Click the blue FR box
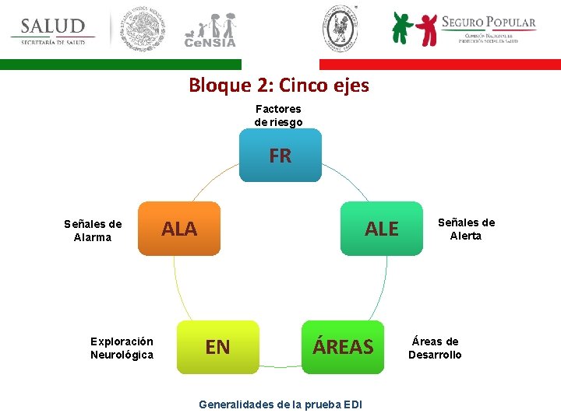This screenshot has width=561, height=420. tap(280, 156)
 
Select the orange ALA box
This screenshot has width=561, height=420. tap(179, 229)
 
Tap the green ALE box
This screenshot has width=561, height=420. tap(381, 229)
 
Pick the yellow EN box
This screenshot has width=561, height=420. tap(217, 347)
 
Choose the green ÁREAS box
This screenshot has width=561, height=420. tap(344, 347)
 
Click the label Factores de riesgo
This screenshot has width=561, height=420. tap(278, 115)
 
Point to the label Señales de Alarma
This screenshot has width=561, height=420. tap(93, 230)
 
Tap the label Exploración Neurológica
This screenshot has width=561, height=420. tap(122, 348)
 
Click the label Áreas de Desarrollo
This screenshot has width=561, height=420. tap(435, 348)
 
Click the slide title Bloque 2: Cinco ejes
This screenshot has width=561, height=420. tap(279, 85)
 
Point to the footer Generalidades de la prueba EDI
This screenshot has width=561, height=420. tap(280, 404)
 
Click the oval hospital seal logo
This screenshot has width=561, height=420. tap(340, 28)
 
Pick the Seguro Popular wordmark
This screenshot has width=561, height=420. tap(489, 23)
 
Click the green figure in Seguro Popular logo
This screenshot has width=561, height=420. tap(402, 28)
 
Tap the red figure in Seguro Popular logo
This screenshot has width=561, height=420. tap(427, 30)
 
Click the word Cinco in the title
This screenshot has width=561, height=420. tap(316, 85)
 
